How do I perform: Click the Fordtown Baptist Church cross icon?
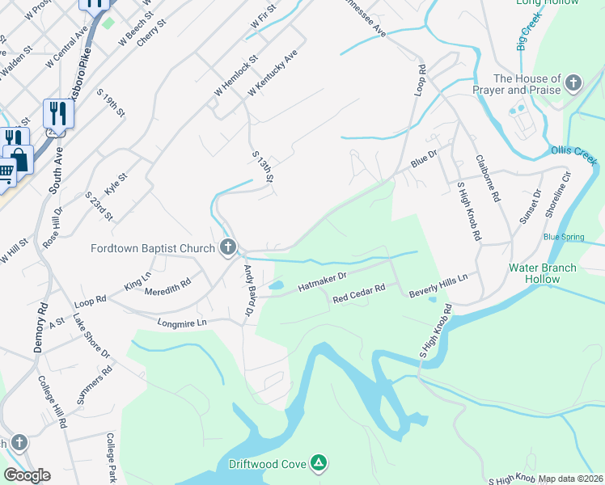pos(229,247)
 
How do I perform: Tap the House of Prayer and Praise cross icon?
pos(573,83)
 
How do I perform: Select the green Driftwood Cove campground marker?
pos(319,462)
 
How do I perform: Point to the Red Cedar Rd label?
pos(358,293)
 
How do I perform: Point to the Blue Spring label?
pos(563,237)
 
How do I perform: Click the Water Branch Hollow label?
pos(543,273)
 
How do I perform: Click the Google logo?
pos(27,475)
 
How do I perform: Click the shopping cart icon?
pos(4,172)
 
